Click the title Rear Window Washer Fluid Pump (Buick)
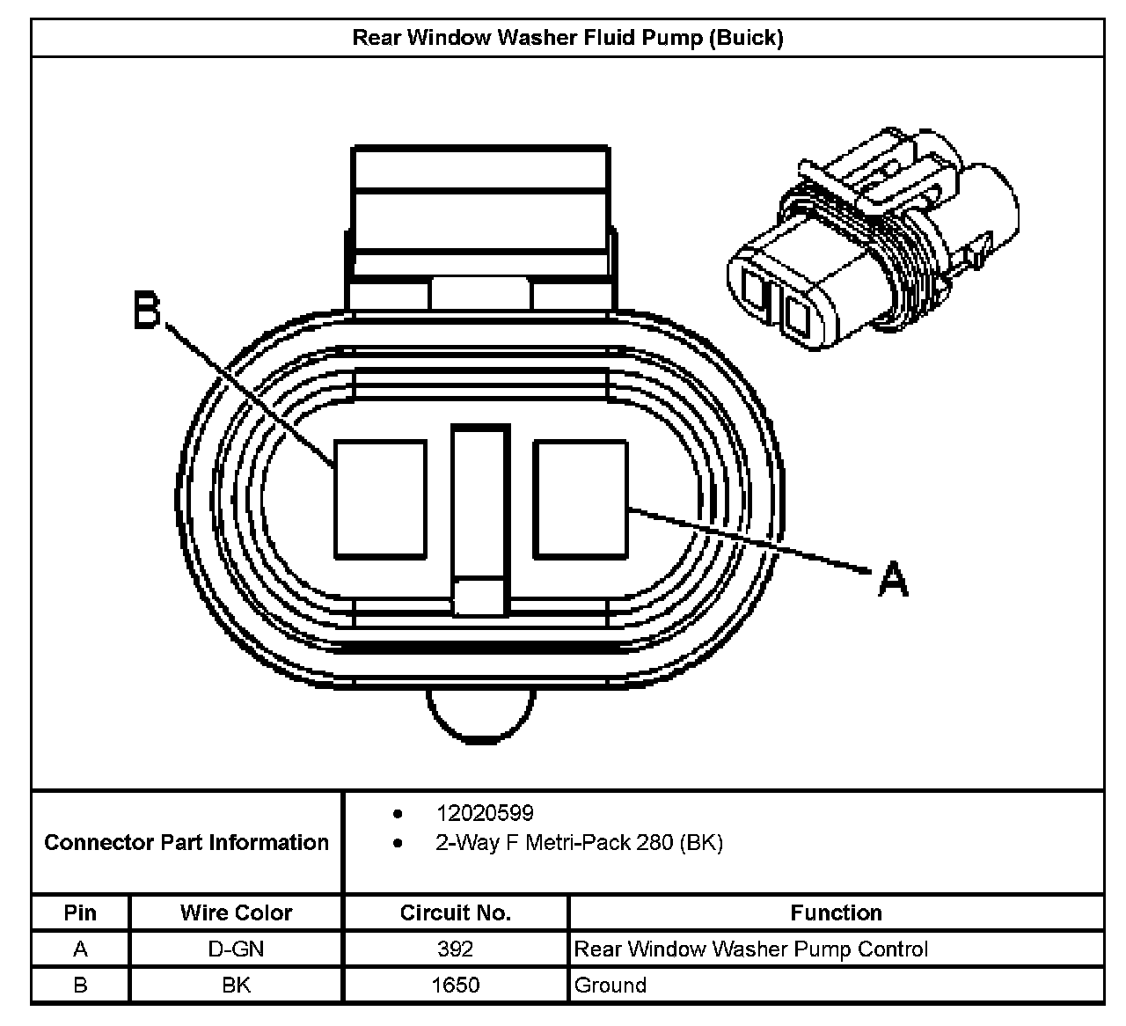pos(567,38)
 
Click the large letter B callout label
pos(148,311)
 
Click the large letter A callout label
pos(892,579)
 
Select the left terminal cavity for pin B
pos(380,499)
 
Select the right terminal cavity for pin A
pos(581,499)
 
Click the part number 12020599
pos(485,813)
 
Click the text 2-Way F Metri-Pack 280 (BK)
pos(579,843)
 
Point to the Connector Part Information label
pos(186,843)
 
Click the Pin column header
pos(80,913)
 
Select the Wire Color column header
pos(236,913)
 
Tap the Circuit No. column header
pos(456,913)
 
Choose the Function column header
pos(836,913)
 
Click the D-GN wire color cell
pos(236,949)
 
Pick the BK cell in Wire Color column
pos(236,985)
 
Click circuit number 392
pos(456,949)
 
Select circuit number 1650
pos(456,985)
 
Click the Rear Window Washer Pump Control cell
pos(751,949)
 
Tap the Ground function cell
pos(611,985)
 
